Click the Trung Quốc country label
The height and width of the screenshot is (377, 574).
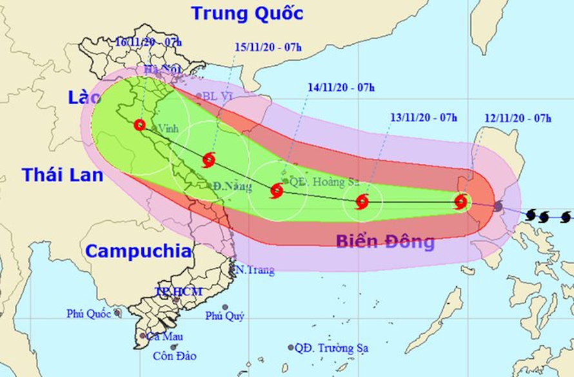coord(247,13)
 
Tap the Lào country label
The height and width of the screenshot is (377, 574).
coord(84,98)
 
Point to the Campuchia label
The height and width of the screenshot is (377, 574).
coord(139,251)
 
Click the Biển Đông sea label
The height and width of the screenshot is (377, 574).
coord(385,242)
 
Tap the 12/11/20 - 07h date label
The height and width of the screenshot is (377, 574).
coord(518,118)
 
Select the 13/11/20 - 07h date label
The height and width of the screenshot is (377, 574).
coord(424,117)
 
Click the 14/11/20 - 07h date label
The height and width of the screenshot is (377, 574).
coord(341,88)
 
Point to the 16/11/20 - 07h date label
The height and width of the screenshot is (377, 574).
coord(149,43)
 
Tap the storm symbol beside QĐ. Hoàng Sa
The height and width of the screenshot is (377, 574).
coord(277,190)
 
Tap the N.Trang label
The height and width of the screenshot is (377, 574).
coord(255,270)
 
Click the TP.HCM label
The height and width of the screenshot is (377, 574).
coord(179,291)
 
